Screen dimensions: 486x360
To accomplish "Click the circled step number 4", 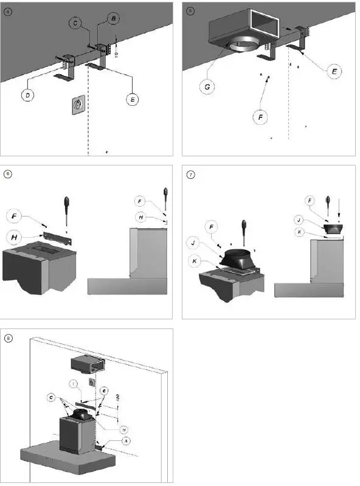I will (8, 11).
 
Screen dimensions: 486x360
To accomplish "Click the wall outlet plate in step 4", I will (78, 105).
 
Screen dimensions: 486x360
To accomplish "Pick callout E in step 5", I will (333, 71).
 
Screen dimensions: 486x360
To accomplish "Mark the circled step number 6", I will (8, 173).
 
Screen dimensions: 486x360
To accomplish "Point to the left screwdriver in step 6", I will (65, 205).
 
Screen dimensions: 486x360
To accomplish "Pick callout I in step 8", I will (74, 384).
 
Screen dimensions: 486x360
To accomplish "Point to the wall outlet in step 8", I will (91, 383).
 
